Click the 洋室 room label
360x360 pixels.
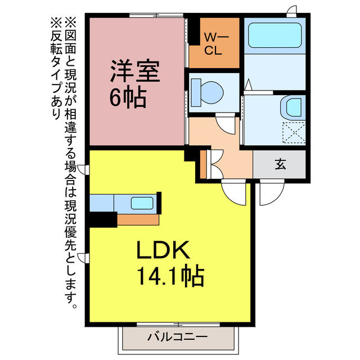[135, 72]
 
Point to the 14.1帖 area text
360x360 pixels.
[170, 276]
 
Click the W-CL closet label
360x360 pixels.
[214, 43]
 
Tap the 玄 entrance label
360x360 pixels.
[280, 164]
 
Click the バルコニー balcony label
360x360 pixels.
[177, 337]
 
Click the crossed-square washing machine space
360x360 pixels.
[294, 133]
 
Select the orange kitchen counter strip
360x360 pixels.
[138, 218]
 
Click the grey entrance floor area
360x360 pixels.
[280, 164]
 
